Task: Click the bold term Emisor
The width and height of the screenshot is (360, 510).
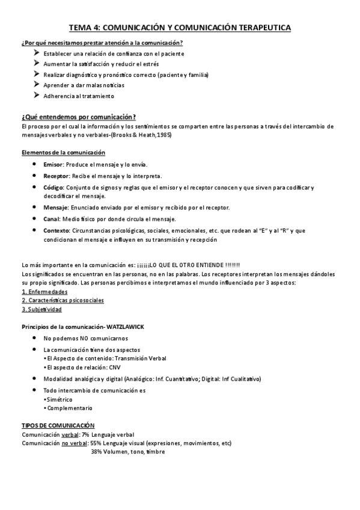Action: pyautogui.click(x=52, y=165)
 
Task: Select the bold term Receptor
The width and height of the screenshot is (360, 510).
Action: pyautogui.click(x=56, y=176)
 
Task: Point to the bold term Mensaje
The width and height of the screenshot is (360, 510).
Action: pyautogui.click(x=55, y=207)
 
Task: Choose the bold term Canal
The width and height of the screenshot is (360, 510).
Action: pyautogui.click(x=51, y=218)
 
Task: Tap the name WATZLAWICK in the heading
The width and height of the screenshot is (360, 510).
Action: pyautogui.click(x=126, y=327)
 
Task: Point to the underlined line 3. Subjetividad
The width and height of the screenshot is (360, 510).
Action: pyautogui.click(x=41, y=309)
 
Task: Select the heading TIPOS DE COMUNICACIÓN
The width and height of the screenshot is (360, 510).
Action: pyautogui.click(x=58, y=425)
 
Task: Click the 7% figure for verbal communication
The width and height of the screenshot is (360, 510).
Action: pyautogui.click(x=86, y=434)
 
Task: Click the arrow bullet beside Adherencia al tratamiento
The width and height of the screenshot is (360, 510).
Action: pyautogui.click(x=37, y=96)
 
